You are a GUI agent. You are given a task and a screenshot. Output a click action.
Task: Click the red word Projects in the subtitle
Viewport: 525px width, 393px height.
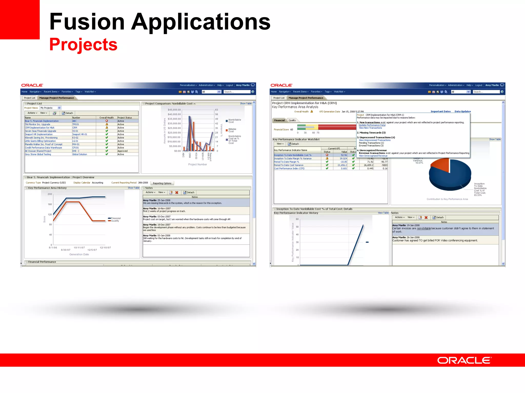[83, 45]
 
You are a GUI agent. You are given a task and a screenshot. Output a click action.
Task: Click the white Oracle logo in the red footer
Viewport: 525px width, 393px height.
[464, 361]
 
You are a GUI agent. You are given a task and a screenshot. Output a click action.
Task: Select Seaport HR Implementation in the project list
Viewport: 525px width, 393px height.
[39, 134]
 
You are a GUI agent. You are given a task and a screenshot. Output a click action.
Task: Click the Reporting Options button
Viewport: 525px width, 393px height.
[162, 183]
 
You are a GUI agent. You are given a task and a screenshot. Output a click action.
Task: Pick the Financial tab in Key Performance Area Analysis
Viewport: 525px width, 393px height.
[279, 120]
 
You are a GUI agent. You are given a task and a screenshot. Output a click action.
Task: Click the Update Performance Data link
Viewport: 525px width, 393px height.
[372, 125]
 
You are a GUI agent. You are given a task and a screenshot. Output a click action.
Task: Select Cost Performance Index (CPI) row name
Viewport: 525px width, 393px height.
[289, 169]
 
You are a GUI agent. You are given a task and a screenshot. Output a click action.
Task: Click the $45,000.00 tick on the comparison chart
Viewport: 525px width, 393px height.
[174, 110]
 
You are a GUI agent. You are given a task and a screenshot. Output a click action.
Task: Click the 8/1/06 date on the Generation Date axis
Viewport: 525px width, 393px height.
[53, 248]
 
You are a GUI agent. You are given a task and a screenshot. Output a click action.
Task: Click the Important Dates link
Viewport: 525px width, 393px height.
[440, 112]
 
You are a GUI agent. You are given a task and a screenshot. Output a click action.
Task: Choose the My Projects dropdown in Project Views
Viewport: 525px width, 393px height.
[51, 108]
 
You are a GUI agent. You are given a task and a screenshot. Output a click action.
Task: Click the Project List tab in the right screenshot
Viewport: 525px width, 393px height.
[279, 98]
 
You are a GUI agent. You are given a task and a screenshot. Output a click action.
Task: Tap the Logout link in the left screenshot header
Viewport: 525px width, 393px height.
[229, 85]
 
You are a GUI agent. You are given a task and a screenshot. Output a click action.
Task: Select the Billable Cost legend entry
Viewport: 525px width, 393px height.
[232, 130]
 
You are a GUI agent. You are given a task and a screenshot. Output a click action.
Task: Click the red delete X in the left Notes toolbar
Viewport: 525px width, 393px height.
[177, 192]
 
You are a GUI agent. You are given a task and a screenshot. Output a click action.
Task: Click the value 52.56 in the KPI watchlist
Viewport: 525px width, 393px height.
[344, 155]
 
